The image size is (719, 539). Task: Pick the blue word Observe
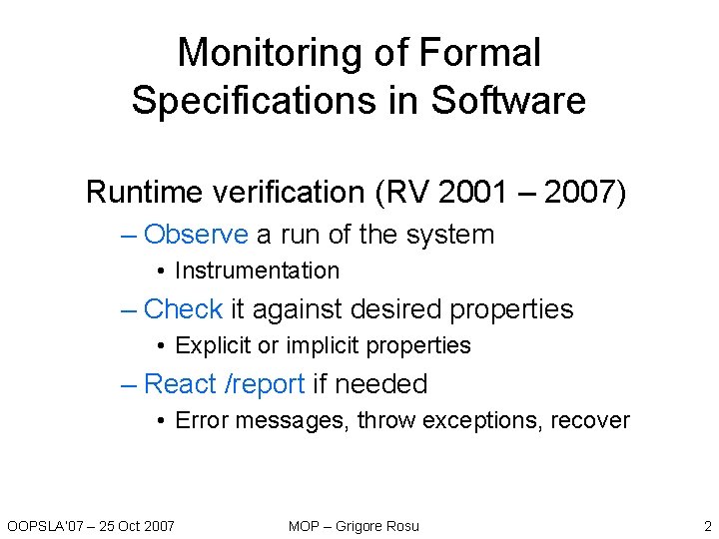click(196, 235)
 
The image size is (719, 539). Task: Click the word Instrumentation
click(257, 270)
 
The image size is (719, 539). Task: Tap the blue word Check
click(184, 309)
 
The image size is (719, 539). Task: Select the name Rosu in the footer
click(401, 525)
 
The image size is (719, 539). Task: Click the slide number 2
click(707, 525)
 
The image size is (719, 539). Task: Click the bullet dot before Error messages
click(161, 420)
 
